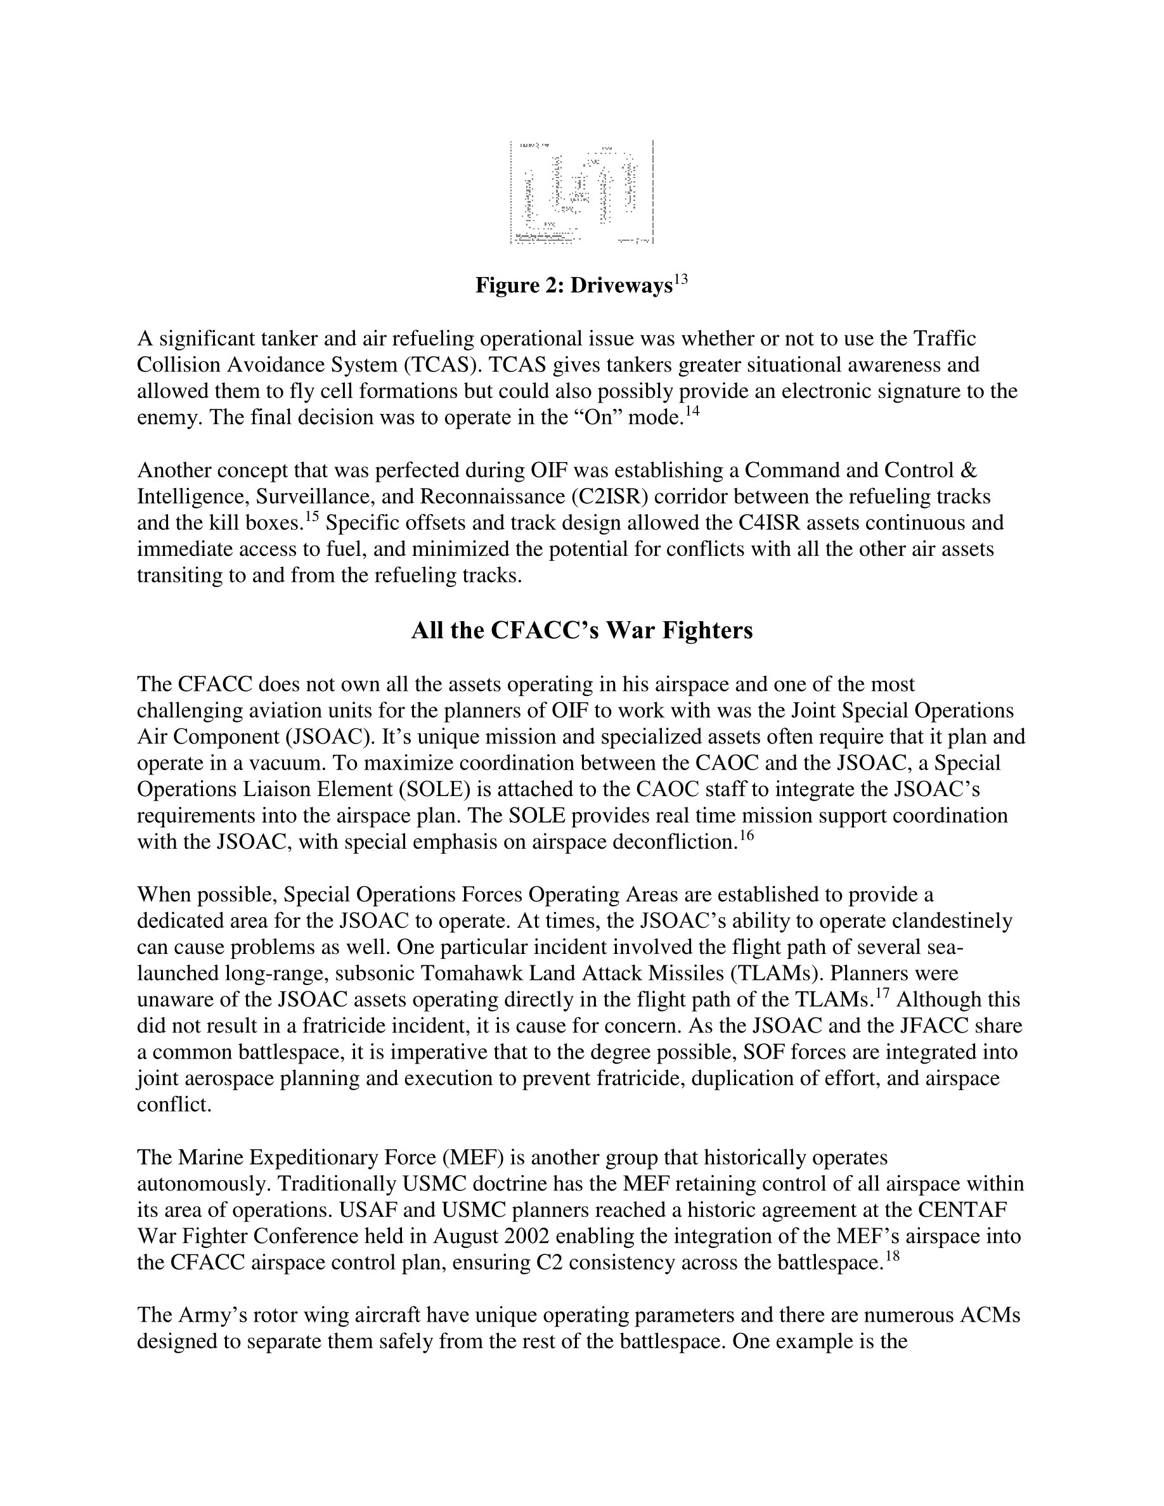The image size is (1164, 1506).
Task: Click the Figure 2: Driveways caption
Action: point(573,286)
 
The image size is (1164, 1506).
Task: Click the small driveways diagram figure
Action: point(581,193)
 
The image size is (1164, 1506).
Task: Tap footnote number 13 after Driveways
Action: point(681,280)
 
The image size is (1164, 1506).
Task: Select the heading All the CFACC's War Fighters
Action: point(581,630)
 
